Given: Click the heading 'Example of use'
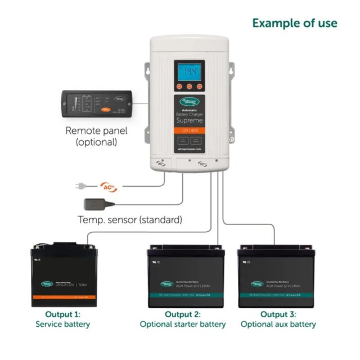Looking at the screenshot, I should (294, 23).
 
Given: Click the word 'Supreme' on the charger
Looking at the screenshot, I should (189, 120).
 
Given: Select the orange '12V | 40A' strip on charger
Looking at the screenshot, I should (189, 130).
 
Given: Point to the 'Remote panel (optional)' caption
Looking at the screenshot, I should (96, 137).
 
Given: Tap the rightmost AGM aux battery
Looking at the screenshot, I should (276, 277).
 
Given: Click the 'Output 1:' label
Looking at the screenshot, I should (62, 314).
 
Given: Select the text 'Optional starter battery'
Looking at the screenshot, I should (183, 325).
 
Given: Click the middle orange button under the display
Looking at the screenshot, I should (189, 87).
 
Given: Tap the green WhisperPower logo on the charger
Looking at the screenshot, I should (189, 103).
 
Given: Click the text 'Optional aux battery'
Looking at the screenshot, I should (278, 325).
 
